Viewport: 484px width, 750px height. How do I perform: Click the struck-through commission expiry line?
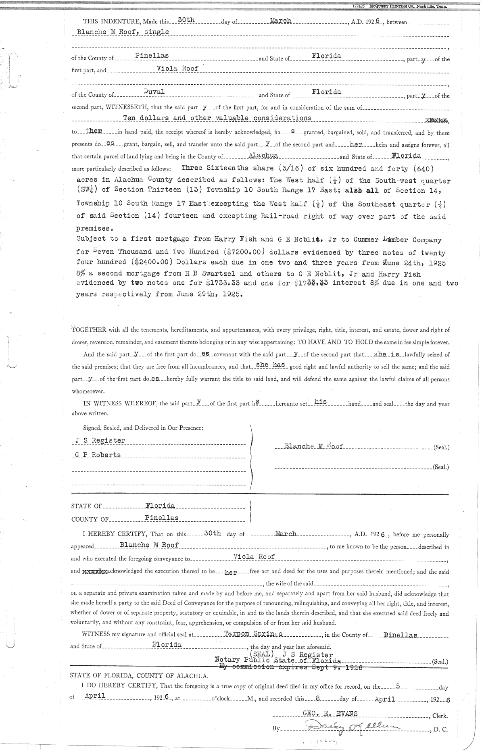pos(290,667)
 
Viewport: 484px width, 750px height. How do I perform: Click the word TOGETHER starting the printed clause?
pos(89,330)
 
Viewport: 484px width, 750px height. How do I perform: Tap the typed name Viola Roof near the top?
pos(178,68)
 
